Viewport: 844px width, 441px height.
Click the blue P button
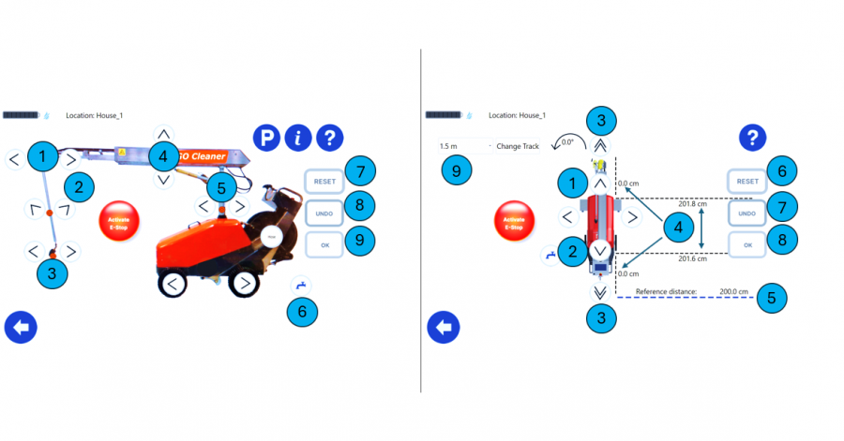click(266, 139)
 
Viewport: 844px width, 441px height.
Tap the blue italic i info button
click(298, 139)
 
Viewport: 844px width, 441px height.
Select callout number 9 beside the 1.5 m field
click(457, 170)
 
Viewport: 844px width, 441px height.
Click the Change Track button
click(518, 147)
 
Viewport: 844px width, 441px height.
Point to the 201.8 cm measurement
click(693, 203)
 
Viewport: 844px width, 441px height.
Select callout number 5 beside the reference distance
click(771, 298)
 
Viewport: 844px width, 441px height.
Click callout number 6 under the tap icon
click(301, 311)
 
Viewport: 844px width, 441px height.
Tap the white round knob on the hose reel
click(272, 238)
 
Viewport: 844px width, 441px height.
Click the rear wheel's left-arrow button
click(173, 283)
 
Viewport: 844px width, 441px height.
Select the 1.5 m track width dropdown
click(463, 147)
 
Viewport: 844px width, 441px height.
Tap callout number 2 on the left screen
click(79, 186)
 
